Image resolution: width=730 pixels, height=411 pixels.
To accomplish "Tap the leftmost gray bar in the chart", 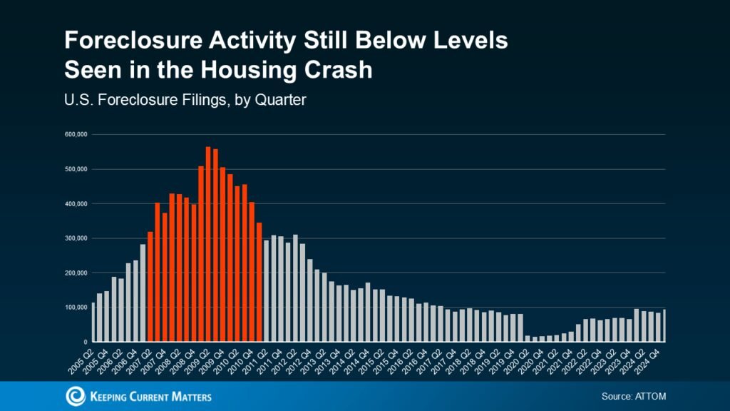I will [x=93, y=323].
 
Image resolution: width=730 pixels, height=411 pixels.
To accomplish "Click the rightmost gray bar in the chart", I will [x=664, y=325].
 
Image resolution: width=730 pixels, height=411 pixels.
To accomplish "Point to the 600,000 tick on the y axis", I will [x=76, y=134].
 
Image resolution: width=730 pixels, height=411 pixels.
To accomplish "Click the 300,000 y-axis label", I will [x=76, y=238].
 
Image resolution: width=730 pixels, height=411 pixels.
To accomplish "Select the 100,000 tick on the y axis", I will [x=76, y=308].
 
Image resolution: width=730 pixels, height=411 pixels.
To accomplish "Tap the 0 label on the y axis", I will [x=85, y=342].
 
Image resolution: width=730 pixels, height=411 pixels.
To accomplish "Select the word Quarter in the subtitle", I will [x=279, y=101].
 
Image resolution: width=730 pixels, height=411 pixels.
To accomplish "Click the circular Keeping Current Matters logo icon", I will [x=75, y=396].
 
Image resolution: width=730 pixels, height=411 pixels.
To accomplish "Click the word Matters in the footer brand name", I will [x=187, y=397].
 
